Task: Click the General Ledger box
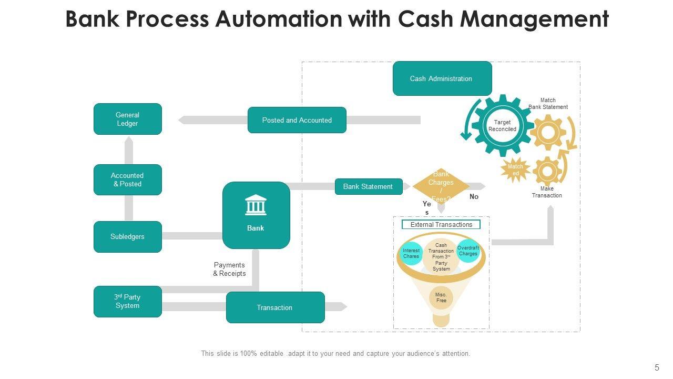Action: pos(128,119)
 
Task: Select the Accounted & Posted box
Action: pos(128,179)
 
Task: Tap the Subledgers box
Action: pos(128,237)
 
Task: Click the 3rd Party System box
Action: pos(128,302)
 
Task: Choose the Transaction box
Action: pos(275,307)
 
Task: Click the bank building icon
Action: pos(256,205)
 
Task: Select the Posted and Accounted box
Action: pos(297,120)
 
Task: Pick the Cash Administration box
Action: pos(442,78)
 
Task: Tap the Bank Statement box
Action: pos(368,187)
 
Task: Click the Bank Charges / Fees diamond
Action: pos(441,186)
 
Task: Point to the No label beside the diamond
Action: pos(474,197)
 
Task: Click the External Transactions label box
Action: pos(441,225)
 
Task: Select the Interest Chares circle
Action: pos(411,254)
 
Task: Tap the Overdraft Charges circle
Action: pos(468,251)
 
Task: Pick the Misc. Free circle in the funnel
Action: pos(441,297)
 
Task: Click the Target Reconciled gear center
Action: pos(502,126)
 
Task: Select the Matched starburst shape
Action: pos(515,170)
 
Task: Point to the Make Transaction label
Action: pos(547,192)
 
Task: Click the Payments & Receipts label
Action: pos(229,269)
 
